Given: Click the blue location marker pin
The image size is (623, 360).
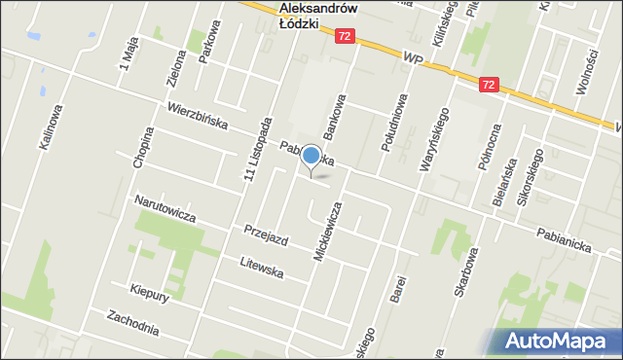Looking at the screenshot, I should click(311, 157).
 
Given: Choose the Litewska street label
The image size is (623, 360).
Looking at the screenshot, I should click(262, 268).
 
